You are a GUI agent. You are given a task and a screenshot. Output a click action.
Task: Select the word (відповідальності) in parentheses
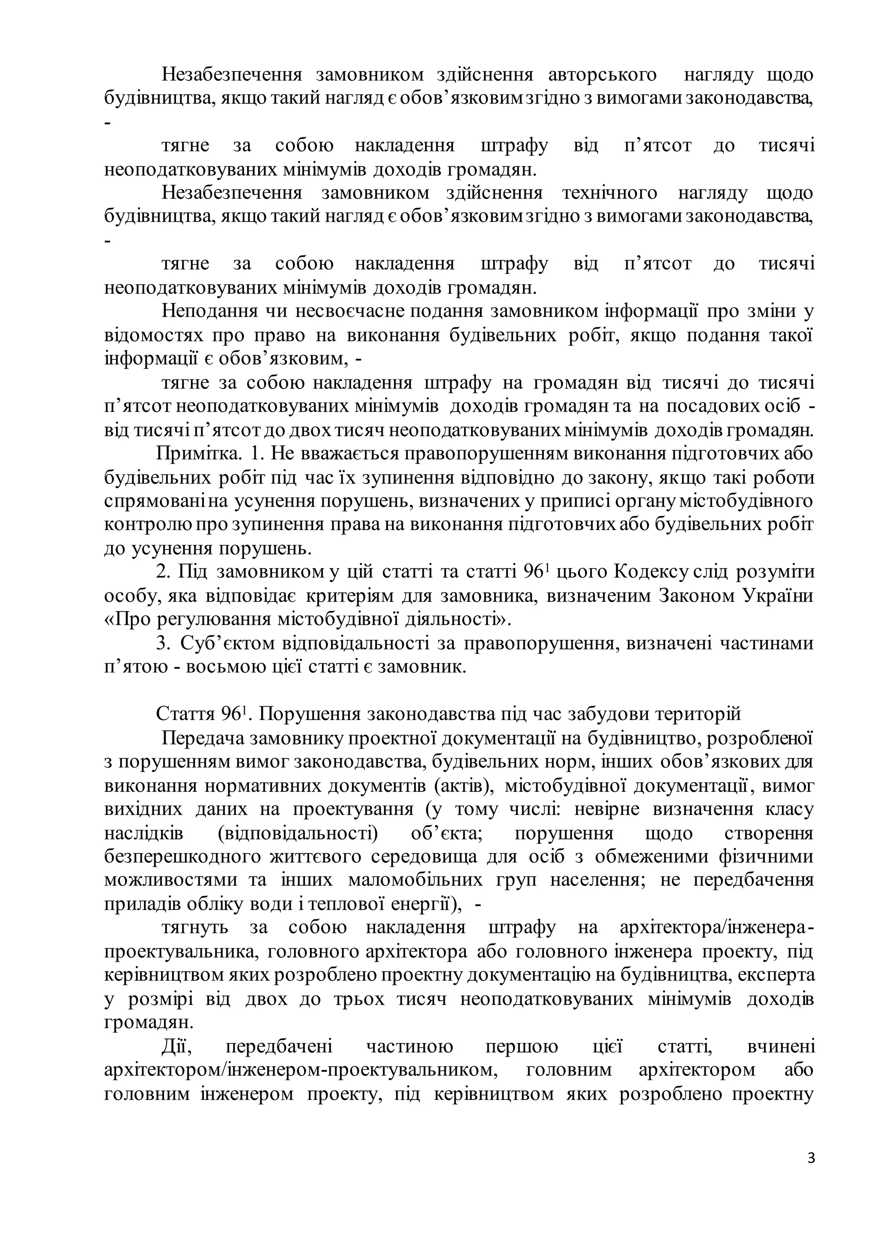tap(298, 833)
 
